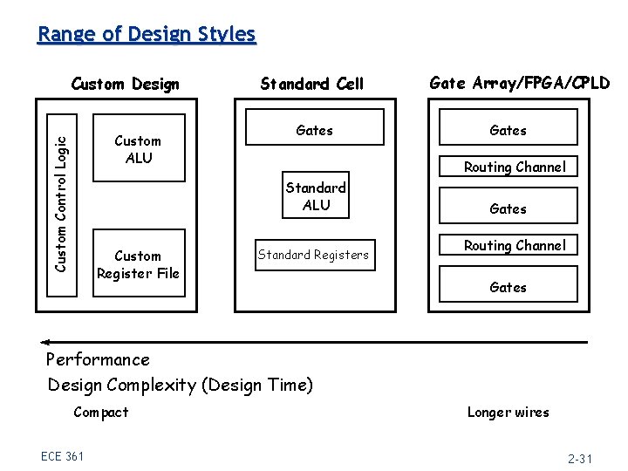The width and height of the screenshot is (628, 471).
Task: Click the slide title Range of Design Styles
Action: [x=147, y=35]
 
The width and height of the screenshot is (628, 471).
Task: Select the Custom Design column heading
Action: [x=125, y=85]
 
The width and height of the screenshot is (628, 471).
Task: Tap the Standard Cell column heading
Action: [x=311, y=85]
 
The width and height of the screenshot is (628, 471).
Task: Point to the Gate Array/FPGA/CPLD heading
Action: [x=520, y=84]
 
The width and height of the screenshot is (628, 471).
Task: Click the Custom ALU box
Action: [x=138, y=148]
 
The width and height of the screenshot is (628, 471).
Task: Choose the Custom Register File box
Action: [x=138, y=264]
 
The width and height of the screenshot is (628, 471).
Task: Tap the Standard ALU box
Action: [x=316, y=196]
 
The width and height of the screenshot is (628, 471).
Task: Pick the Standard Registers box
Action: [x=313, y=255]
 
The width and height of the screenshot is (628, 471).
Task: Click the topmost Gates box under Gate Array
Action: [x=508, y=130]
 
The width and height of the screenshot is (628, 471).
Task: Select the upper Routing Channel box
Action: [x=515, y=167]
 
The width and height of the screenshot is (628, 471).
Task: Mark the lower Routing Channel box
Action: [x=515, y=246]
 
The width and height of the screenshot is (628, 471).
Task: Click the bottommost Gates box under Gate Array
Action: [x=508, y=287]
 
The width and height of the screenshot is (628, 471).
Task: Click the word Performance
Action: [x=98, y=359]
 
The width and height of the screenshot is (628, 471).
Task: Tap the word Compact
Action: [x=101, y=412]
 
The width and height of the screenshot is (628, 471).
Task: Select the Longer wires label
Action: [x=508, y=412]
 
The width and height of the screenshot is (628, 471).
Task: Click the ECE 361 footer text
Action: [x=62, y=455]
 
